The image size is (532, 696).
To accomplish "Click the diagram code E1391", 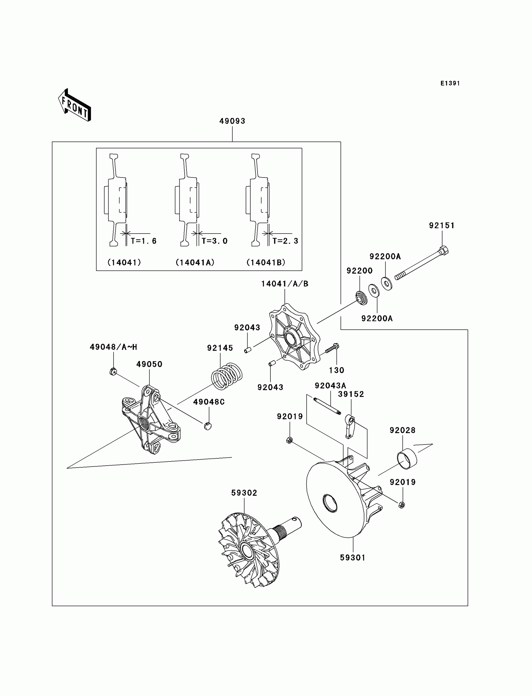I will (450, 83).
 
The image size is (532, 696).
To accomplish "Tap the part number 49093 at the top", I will (232, 121).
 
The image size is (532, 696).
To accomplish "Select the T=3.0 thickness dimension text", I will (214, 241).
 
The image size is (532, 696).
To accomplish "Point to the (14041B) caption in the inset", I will (266, 262).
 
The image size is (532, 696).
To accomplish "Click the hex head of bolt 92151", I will (443, 250).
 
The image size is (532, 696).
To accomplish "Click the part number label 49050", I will (149, 364).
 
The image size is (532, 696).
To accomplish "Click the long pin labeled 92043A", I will (327, 405).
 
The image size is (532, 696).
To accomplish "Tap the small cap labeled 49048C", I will (208, 426).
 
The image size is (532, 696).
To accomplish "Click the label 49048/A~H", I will (113, 347).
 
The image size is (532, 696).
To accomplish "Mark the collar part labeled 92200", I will (361, 298).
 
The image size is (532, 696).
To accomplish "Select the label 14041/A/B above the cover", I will (284, 284).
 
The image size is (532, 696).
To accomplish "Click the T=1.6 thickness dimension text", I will (143, 241).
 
